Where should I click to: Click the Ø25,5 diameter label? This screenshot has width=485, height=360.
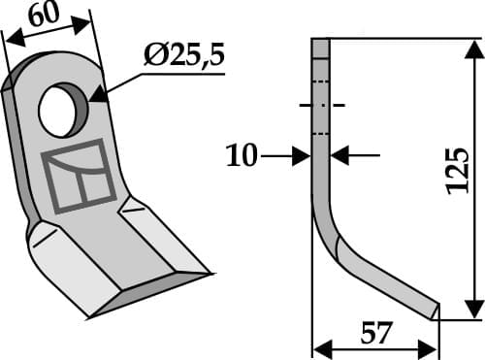(x=183, y=56)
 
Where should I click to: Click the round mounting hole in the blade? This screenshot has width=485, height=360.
(x=61, y=109)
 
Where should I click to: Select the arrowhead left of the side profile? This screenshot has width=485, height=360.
(x=303, y=154)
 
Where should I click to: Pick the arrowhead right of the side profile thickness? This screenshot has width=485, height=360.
(x=339, y=154)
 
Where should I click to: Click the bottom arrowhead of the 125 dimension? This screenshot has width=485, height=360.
(x=472, y=311)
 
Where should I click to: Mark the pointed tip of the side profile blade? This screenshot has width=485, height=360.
(x=436, y=311)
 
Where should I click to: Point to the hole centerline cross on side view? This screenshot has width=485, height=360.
(x=321, y=105)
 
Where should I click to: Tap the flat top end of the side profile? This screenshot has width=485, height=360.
(x=321, y=39)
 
